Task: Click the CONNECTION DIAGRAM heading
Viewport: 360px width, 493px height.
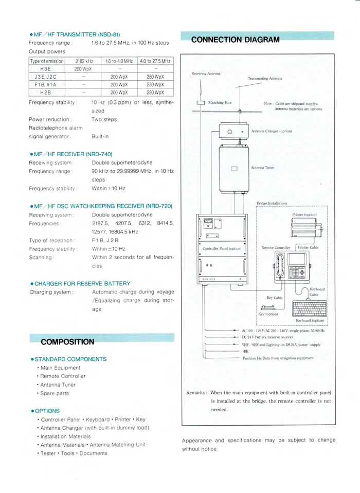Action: (x=235, y=40)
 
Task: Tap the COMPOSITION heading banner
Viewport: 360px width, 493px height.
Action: (x=67, y=341)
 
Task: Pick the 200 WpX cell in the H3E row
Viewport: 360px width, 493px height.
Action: (x=83, y=68)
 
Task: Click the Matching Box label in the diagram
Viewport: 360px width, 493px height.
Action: (x=220, y=103)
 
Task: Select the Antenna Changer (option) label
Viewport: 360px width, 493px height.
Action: (x=272, y=131)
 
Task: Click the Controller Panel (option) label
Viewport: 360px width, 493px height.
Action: (x=222, y=248)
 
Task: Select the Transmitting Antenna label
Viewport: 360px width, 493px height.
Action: (x=265, y=79)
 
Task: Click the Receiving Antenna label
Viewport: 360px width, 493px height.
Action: (x=206, y=74)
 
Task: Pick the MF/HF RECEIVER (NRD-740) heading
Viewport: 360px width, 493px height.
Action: (x=73, y=154)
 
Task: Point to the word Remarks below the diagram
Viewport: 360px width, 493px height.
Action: (x=196, y=392)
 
